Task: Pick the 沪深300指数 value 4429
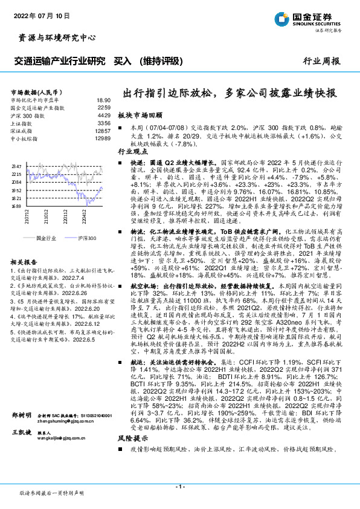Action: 104,114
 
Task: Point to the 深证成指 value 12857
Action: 103,131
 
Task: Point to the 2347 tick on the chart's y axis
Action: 16,166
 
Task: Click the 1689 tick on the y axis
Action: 16,206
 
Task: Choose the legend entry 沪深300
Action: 86,239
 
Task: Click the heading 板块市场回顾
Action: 140,114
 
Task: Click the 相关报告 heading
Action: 22,262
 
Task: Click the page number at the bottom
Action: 180,487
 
